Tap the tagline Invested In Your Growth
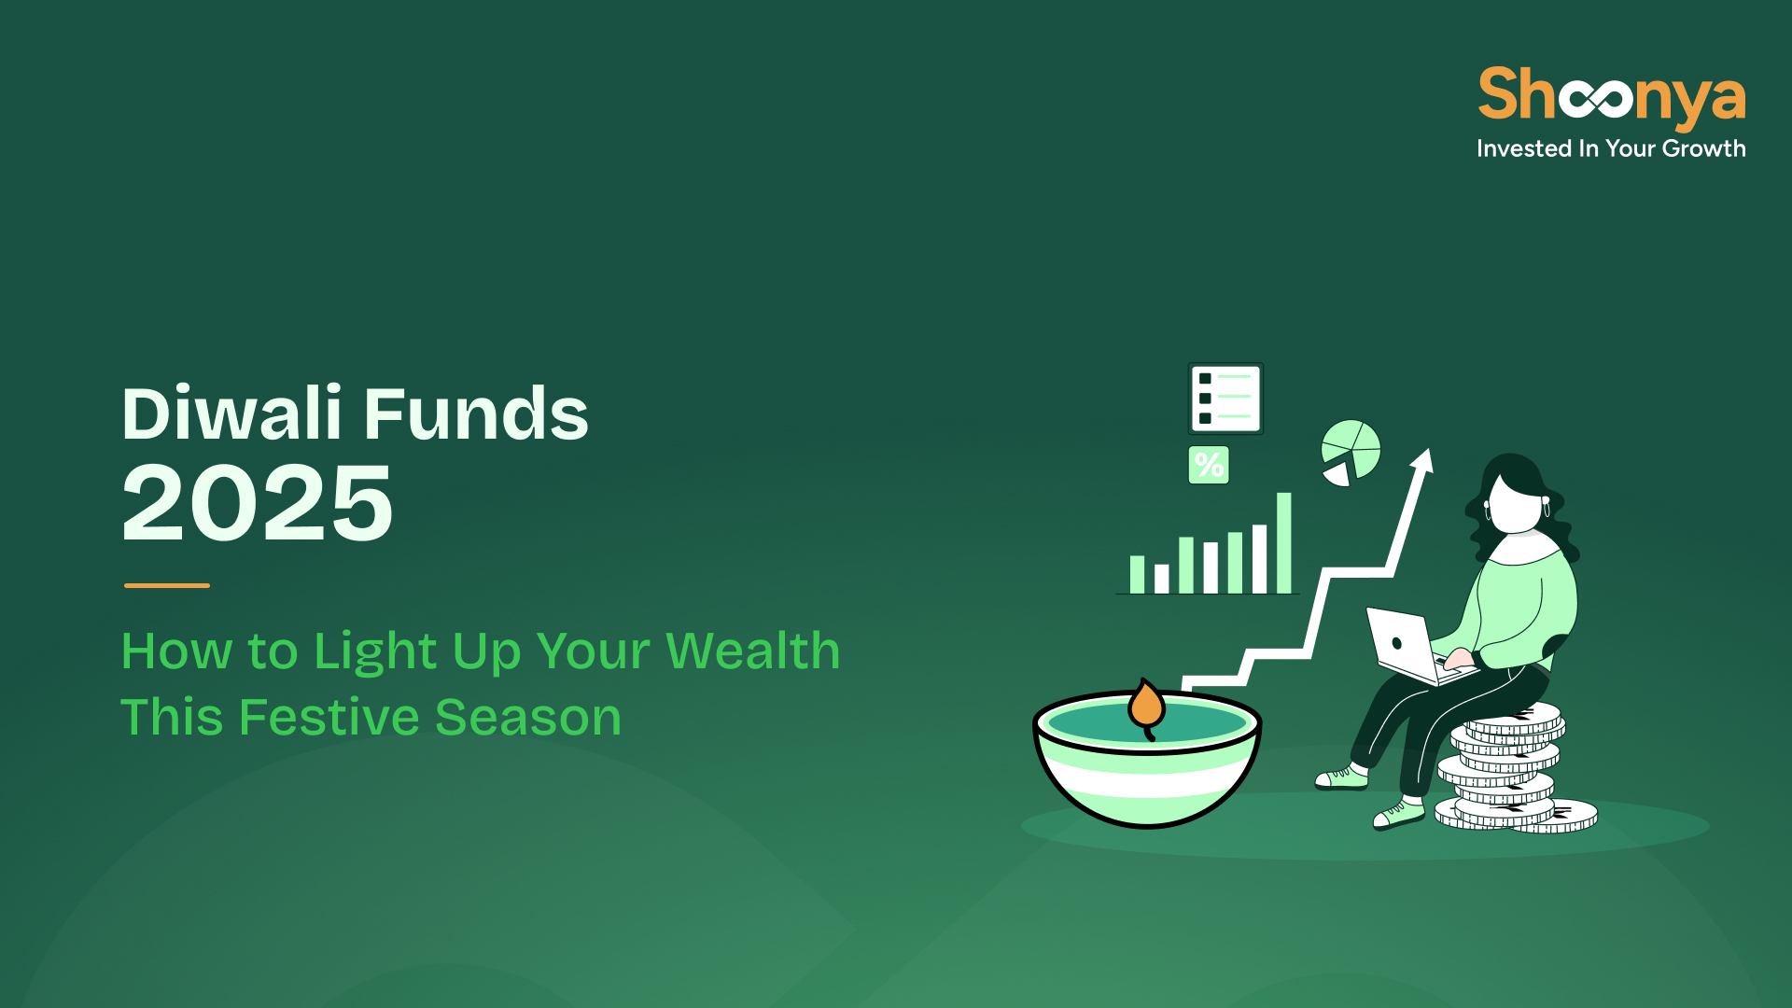1611,148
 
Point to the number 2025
258,503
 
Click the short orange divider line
167,585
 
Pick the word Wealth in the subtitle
753,651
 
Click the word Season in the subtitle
528,718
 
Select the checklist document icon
1225,399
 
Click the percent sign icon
1209,465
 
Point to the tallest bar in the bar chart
1284,543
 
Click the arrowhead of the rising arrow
1423,459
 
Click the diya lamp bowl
1147,758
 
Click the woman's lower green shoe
1398,815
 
